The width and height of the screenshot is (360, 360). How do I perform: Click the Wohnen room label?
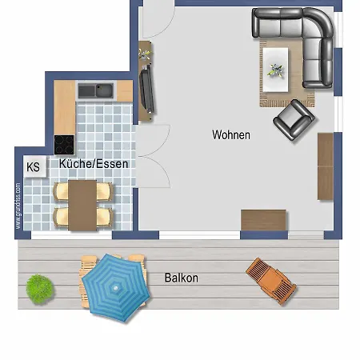pyautogui.click(x=231, y=134)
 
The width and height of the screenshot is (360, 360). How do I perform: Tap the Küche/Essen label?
pyautogui.click(x=94, y=163)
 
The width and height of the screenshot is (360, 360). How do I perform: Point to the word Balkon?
pyautogui.click(x=182, y=278)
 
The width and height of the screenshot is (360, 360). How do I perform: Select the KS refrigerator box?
pyautogui.click(x=35, y=166)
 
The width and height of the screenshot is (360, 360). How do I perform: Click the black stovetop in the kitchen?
pyautogui.click(x=64, y=145)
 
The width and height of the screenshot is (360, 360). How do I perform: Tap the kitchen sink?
pyautogui.click(x=96, y=90)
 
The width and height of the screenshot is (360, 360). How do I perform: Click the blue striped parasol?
pyautogui.click(x=115, y=288)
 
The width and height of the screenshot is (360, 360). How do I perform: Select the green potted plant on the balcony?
pyautogui.click(x=39, y=289)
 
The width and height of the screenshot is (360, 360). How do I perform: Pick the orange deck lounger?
pyautogui.click(x=271, y=281)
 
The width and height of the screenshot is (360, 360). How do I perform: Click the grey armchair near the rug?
pyautogui.click(x=294, y=120)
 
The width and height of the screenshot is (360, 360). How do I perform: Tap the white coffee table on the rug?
pyautogui.click(x=275, y=70)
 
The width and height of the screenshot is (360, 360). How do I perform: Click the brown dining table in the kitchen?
pyautogui.click(x=82, y=205)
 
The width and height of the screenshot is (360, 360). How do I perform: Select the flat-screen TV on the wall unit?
pyautogui.click(x=146, y=88)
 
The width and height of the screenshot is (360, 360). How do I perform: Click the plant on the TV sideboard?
pyautogui.click(x=144, y=54)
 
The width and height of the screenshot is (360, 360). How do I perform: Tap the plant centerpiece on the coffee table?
pyautogui.click(x=275, y=70)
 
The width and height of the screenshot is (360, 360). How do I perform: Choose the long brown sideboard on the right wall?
pyautogui.click(x=326, y=166)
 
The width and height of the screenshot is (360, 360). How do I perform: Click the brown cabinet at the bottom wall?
pyautogui.click(x=263, y=220)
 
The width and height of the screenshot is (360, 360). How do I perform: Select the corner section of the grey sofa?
pyautogui.click(x=318, y=22)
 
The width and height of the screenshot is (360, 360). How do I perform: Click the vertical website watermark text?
pyautogui.click(x=18, y=206)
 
